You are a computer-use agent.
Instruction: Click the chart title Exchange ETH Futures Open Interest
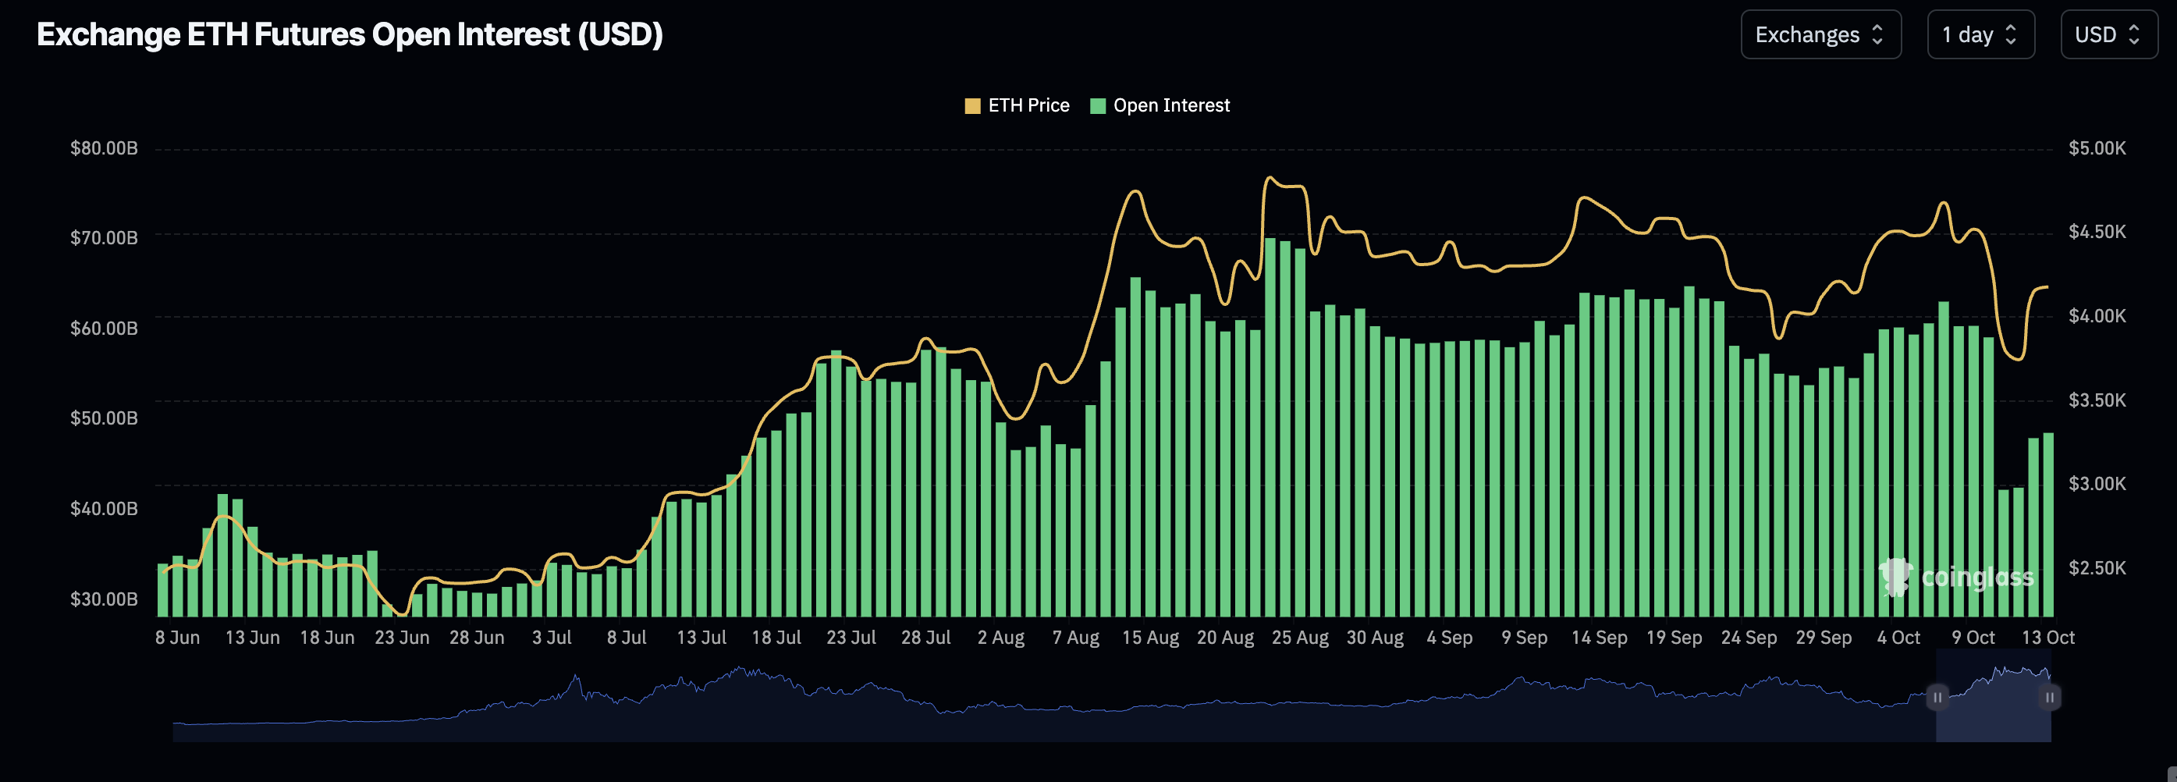click(x=349, y=34)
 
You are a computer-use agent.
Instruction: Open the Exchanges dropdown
click(x=1820, y=34)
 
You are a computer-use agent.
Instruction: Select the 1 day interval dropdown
click(x=1980, y=34)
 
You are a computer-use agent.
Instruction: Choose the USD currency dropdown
click(x=2108, y=34)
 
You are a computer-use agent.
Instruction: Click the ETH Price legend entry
click(x=1017, y=105)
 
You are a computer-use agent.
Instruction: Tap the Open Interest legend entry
click(x=1160, y=105)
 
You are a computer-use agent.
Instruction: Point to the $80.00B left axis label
click(x=104, y=149)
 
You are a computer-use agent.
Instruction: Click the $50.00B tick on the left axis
click(x=104, y=418)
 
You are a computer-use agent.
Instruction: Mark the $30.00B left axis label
click(x=104, y=599)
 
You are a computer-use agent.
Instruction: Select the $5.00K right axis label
click(x=2097, y=149)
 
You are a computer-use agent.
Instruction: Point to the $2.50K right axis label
click(x=2097, y=568)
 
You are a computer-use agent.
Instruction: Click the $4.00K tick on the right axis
click(x=2097, y=316)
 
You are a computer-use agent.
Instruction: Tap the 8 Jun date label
click(x=177, y=638)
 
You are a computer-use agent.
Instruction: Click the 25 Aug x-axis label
click(x=1300, y=638)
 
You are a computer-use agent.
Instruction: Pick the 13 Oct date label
click(x=2047, y=638)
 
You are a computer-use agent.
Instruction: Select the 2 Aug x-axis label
click(x=1000, y=638)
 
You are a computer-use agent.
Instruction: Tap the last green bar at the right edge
click(x=2048, y=524)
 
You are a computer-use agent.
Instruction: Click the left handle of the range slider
click(x=1937, y=698)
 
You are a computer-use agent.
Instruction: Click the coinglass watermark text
click(x=1976, y=578)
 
